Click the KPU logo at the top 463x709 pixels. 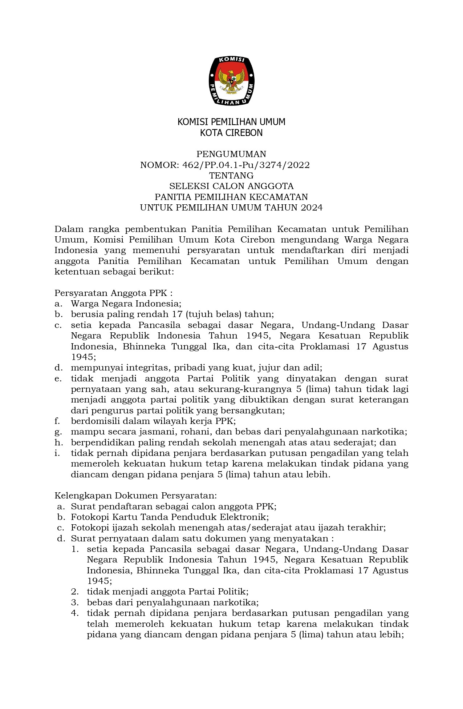tap(231, 81)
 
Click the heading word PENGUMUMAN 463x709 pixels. tap(231, 154)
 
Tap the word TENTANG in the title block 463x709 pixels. tap(231, 176)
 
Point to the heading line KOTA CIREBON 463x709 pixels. tap(231, 133)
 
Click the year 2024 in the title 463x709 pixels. tap(312, 208)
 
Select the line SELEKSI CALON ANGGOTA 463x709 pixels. tap(231, 186)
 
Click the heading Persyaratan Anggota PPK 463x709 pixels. tap(113, 293)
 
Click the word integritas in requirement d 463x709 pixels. tap(141, 368)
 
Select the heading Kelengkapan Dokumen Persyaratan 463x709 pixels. tap(135, 496)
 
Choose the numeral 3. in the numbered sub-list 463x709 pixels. tap(75, 602)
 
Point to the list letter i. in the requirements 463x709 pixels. tap(57, 453)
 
